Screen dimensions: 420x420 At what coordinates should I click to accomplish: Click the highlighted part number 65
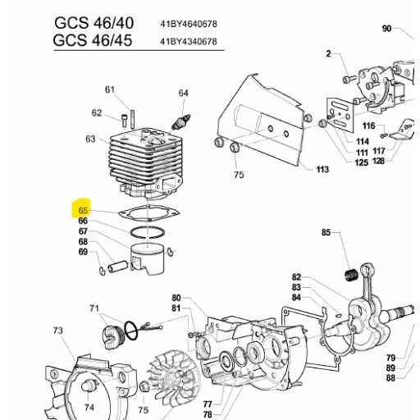[x=83, y=211]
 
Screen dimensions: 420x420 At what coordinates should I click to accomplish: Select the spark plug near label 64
[x=180, y=121]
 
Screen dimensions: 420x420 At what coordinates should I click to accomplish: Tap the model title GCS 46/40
[x=94, y=23]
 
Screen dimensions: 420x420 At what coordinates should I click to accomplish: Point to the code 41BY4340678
[x=189, y=42]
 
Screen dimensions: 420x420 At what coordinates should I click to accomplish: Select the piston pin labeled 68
[x=117, y=267]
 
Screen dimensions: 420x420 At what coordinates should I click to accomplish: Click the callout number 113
[x=322, y=170]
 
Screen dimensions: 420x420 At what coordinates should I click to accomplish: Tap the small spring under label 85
[x=352, y=275]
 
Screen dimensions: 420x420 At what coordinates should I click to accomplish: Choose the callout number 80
[x=176, y=298]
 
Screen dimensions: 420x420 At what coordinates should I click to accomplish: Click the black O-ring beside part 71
[x=131, y=331]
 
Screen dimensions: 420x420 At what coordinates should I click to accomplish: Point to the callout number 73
[x=58, y=331]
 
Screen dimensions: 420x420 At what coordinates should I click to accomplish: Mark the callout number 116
[x=368, y=126]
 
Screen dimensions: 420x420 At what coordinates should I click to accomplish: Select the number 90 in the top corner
[x=386, y=29]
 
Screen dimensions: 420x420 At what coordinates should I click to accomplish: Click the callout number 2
[x=328, y=53]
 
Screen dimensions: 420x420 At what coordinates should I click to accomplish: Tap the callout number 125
[x=362, y=162]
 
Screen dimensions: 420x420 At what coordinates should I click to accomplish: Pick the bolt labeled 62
[x=124, y=121]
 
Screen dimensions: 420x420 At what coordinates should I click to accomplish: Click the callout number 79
[x=390, y=358]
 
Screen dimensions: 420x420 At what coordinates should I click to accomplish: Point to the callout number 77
[x=208, y=404]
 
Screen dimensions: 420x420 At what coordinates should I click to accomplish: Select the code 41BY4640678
[x=189, y=24]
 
